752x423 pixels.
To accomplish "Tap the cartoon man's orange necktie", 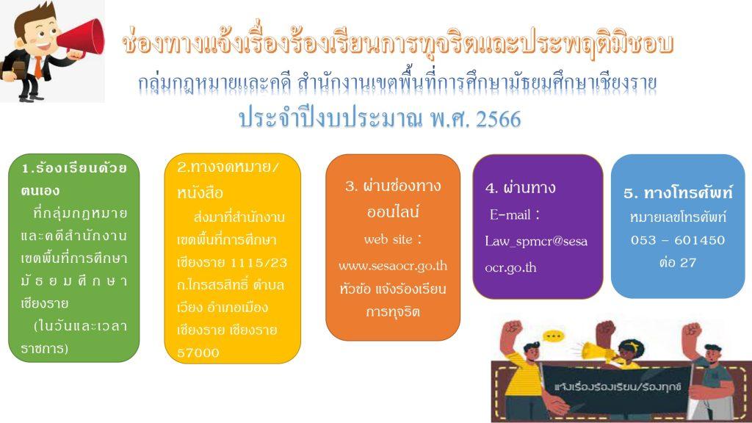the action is coord(37,68).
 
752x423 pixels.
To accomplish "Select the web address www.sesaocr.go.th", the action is coord(393,266).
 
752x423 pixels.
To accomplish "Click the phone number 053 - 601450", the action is coord(678,240).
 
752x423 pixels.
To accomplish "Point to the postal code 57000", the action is coord(198,353).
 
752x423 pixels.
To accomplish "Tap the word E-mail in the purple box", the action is coord(510,214).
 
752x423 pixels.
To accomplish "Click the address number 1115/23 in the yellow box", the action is coord(258,263).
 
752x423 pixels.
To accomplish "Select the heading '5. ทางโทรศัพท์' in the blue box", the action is coord(678,193).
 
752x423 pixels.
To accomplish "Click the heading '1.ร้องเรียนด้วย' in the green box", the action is coord(74,168).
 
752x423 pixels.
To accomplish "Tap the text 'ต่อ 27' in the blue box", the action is coord(678,262).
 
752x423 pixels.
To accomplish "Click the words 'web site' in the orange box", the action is coord(388,239).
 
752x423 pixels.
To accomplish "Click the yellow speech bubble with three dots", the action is coord(554,336).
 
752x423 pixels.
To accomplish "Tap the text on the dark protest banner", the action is coord(617,387).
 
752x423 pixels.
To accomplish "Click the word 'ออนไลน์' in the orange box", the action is coord(393,211).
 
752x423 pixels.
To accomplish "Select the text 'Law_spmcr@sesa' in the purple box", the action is coord(535,241).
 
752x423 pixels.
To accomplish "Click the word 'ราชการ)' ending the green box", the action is coord(45,348).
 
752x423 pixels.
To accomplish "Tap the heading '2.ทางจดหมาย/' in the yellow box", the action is coord(228,167).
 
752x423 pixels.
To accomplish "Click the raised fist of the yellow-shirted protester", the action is coord(512,328).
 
